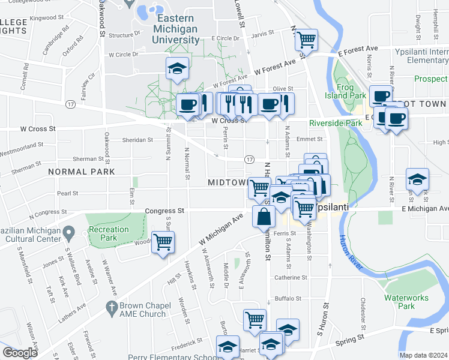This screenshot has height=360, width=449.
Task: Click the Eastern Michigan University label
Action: coord(178,29)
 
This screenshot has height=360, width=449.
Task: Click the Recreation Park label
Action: coord(109,233)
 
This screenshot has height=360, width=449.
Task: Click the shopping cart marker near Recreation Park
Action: coord(163,242)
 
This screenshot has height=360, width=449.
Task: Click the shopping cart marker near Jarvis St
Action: coord(306,40)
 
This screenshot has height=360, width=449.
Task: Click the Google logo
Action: coord(20,353)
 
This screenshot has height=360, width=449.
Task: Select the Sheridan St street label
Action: coord(138,140)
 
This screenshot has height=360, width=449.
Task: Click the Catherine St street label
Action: coord(291,278)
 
